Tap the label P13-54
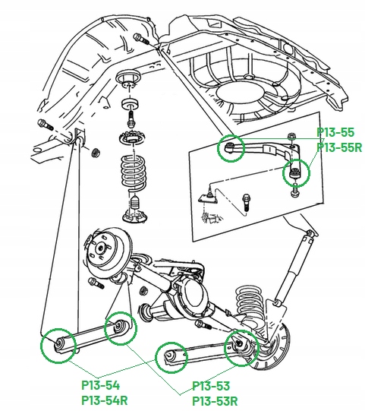(x=100, y=385)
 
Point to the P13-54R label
(x=104, y=400)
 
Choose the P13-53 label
(x=211, y=386)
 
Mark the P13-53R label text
(x=215, y=400)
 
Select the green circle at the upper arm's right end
(x=296, y=173)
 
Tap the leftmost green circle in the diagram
(x=58, y=343)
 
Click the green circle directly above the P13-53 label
(x=171, y=356)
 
